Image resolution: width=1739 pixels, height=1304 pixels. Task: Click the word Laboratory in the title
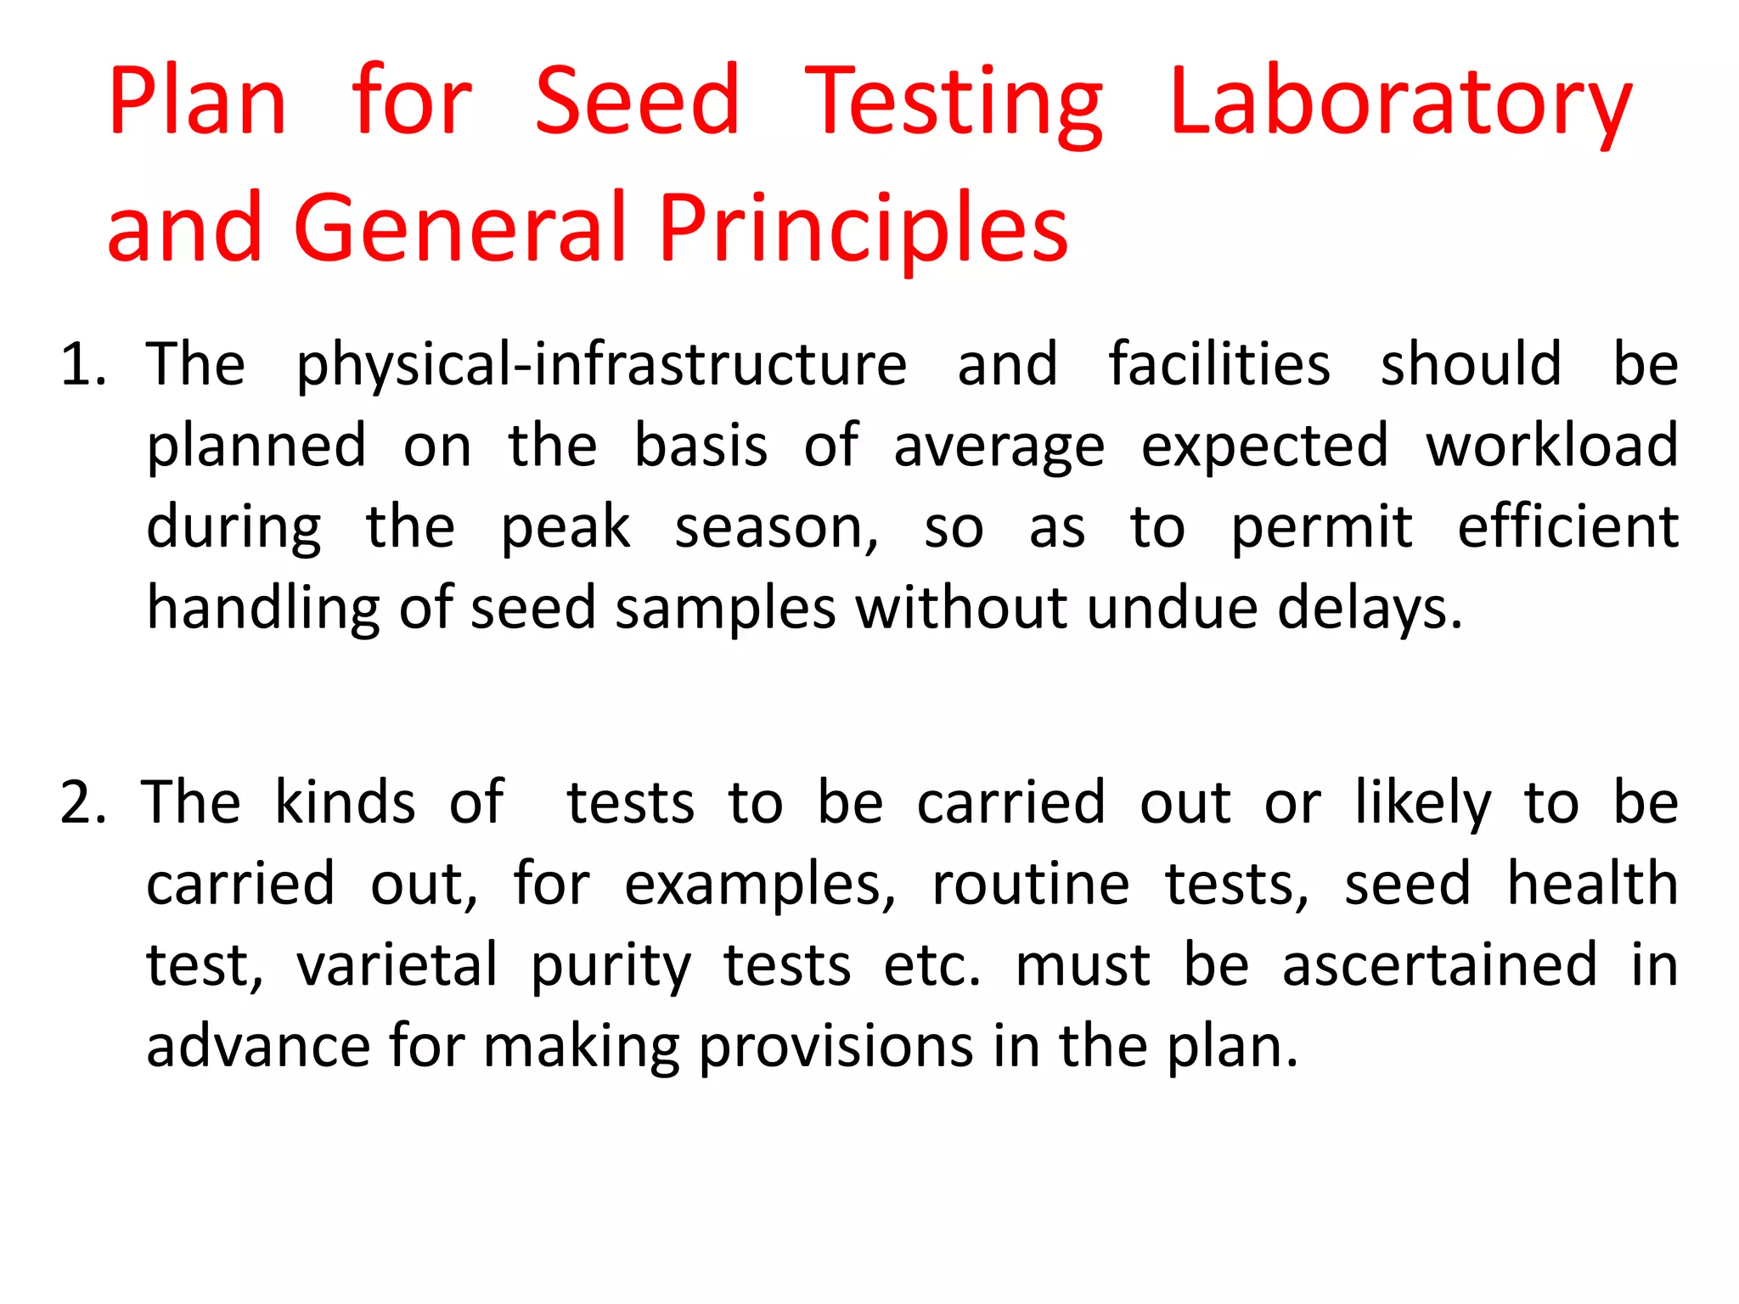[x=1399, y=104]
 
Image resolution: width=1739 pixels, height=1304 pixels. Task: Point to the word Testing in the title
[x=953, y=104]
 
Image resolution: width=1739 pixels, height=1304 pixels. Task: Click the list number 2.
[x=82, y=802]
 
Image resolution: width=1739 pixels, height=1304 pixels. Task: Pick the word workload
[x=1551, y=446]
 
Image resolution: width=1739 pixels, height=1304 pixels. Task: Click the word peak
[x=566, y=528]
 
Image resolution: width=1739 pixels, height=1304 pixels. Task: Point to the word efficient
[x=1567, y=526]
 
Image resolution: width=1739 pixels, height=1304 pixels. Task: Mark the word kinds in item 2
[x=346, y=802]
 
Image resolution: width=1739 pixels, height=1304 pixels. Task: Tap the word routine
[x=1031, y=883]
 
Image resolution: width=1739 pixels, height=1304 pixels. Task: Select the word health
[x=1592, y=883]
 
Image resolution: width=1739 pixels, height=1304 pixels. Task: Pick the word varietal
[x=397, y=964]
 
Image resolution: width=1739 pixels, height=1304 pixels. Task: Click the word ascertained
[x=1439, y=964]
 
